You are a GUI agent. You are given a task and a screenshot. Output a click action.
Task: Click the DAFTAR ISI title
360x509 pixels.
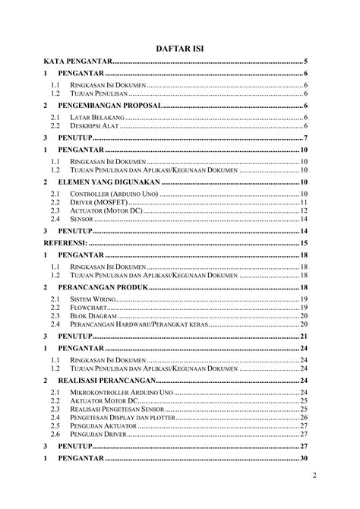click(180, 47)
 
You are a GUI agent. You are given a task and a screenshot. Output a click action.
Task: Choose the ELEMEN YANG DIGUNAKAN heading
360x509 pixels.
click(109, 183)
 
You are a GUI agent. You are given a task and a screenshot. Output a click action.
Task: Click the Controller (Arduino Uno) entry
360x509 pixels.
click(112, 195)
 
